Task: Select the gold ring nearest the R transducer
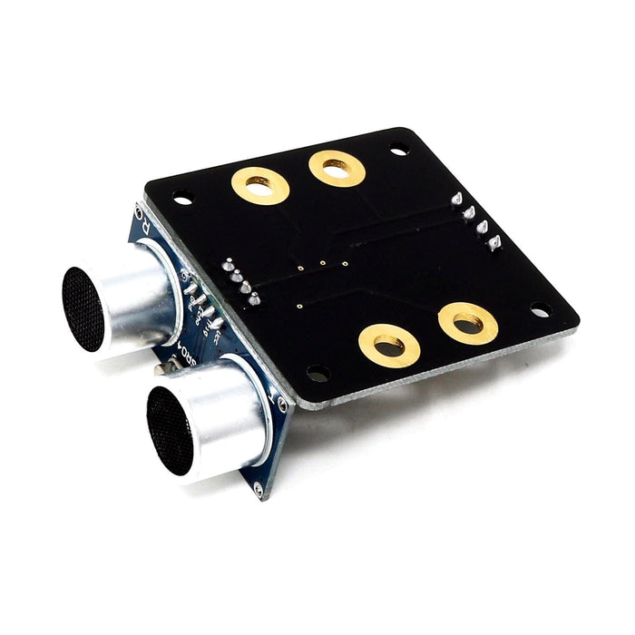coord(260,185)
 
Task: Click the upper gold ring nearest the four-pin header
coord(337,167)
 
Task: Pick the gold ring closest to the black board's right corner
coord(467,323)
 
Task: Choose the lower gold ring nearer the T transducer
coord(388,346)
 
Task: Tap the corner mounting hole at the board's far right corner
coord(539,308)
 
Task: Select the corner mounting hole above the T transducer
coord(317,372)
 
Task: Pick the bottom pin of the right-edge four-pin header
coord(495,242)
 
